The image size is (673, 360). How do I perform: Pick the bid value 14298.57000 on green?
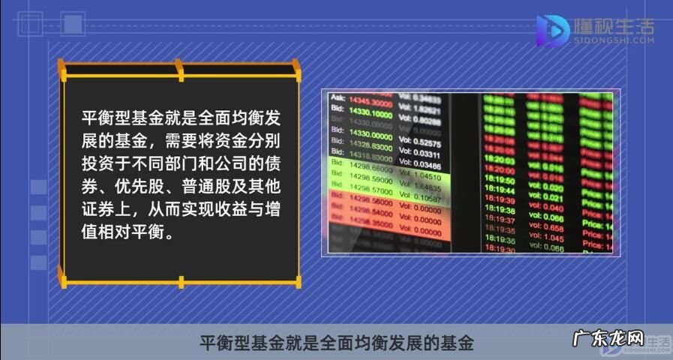[371, 192]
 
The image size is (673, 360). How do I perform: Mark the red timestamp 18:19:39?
[500, 201]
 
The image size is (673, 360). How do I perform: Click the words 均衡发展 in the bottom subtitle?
[375, 343]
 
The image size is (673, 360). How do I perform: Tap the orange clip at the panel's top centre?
[179, 70]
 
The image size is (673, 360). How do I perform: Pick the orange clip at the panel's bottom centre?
[181, 282]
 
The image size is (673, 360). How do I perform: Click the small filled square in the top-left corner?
[72, 25]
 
